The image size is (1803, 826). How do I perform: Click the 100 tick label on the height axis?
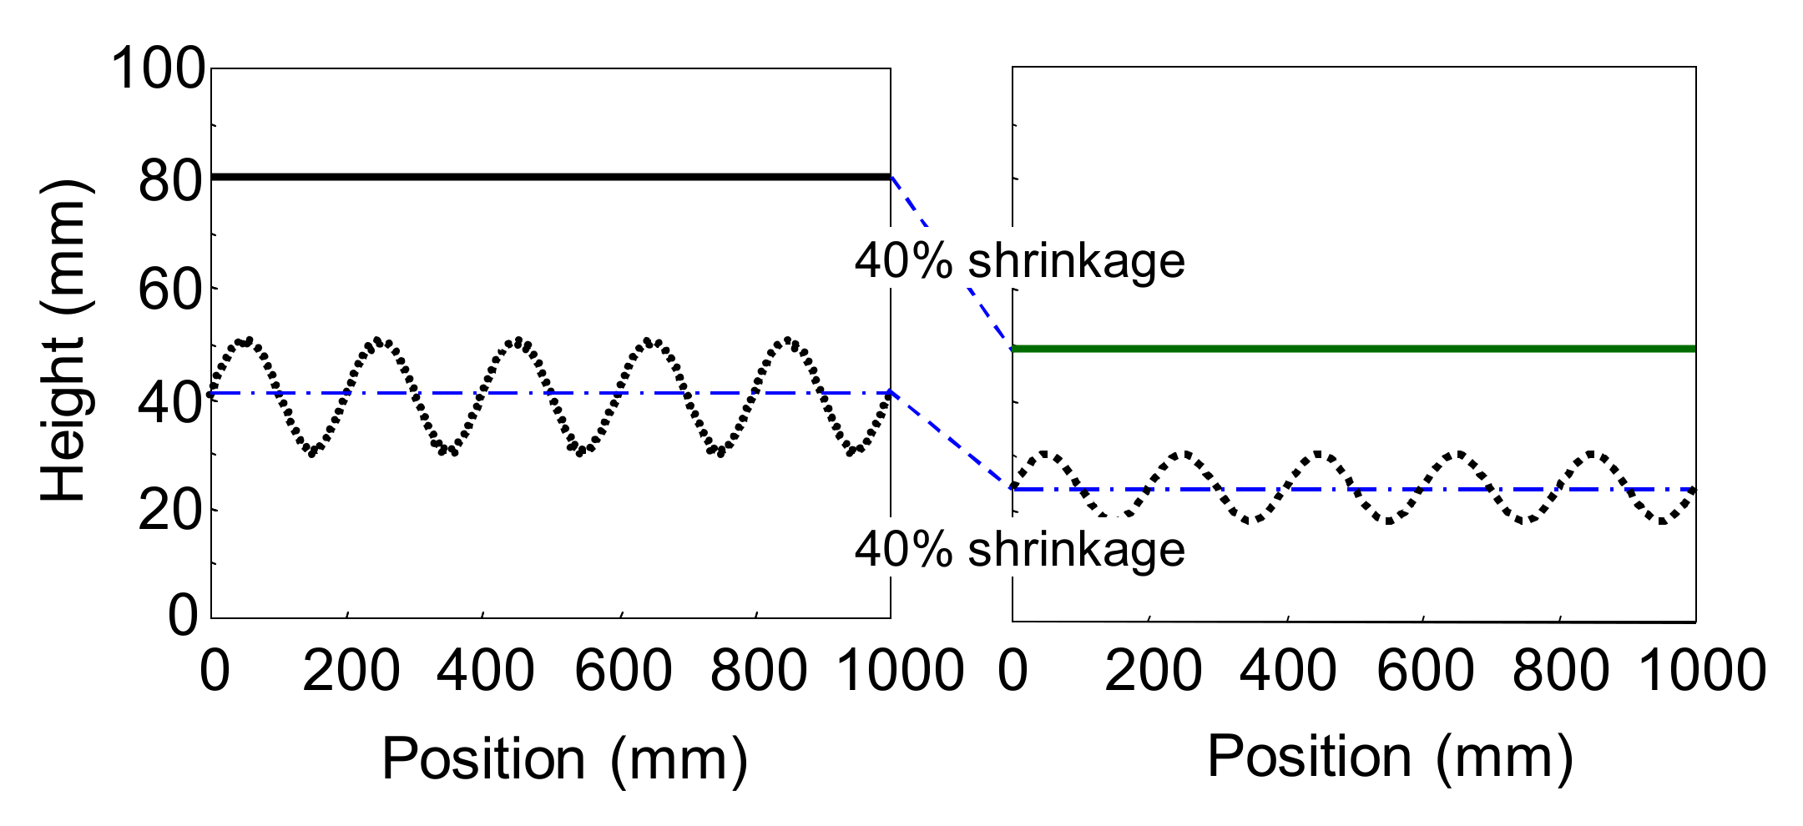pyautogui.click(x=158, y=68)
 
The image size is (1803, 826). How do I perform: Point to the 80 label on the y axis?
pyautogui.click(x=170, y=180)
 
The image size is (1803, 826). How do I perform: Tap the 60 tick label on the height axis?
pyautogui.click(x=170, y=291)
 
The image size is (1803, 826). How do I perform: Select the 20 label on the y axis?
pyautogui.click(x=170, y=510)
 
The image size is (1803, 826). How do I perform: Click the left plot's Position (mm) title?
pyautogui.click(x=564, y=759)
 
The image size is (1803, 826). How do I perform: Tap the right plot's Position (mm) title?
pyautogui.click(x=1390, y=757)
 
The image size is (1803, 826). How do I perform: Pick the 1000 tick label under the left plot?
pyautogui.click(x=900, y=672)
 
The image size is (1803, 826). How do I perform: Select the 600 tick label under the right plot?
pyautogui.click(x=1425, y=672)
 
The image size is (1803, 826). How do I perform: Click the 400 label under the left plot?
pyautogui.click(x=485, y=672)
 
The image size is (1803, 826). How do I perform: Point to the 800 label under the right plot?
pyautogui.click(x=1560, y=672)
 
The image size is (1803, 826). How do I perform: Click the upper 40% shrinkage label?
pyautogui.click(x=1019, y=261)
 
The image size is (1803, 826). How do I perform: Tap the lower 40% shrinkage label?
pyautogui.click(x=1019, y=550)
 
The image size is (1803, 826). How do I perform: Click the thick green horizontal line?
pyautogui.click(x=1352, y=349)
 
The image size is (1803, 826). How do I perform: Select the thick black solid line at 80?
pyautogui.click(x=551, y=177)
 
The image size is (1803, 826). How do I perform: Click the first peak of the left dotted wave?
pyautogui.click(x=245, y=340)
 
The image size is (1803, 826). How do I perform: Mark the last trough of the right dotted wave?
pyautogui.click(x=1663, y=521)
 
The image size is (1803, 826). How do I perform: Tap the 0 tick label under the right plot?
pyautogui.click(x=1013, y=672)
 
